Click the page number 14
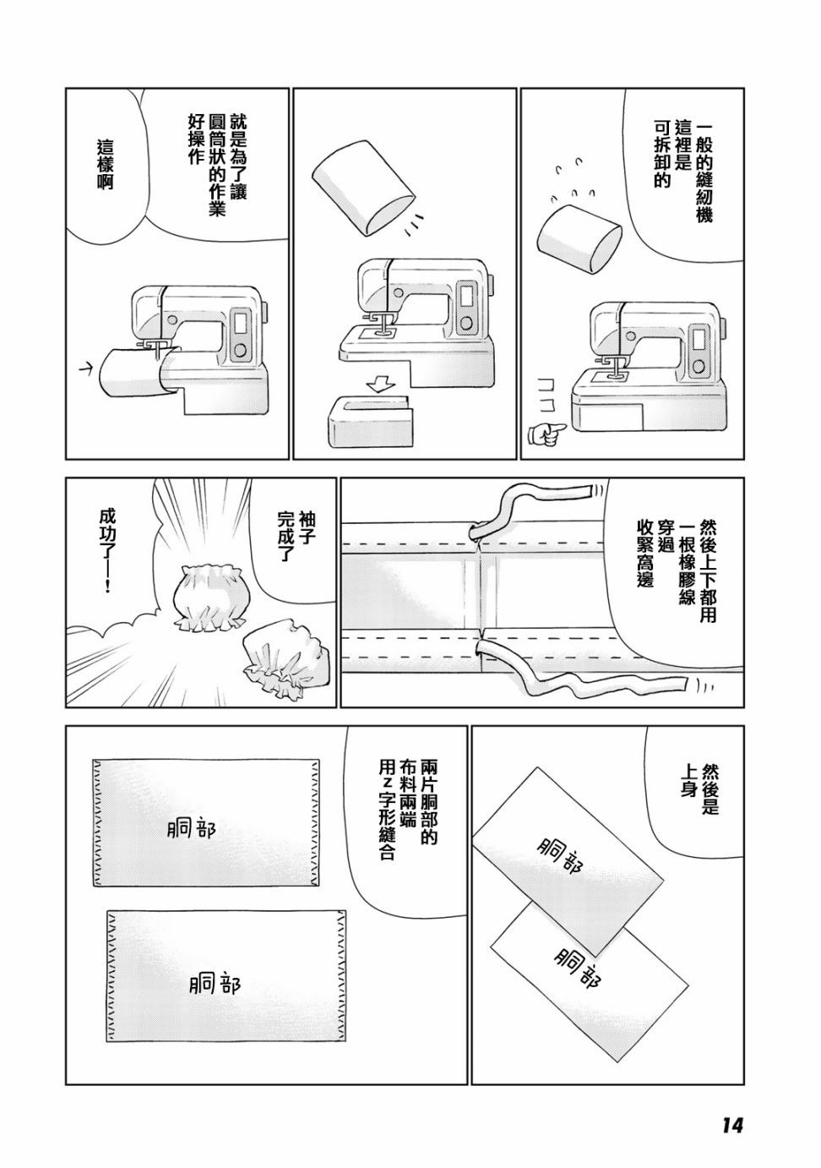(x=731, y=1122)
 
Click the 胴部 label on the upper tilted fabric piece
(x=566, y=855)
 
